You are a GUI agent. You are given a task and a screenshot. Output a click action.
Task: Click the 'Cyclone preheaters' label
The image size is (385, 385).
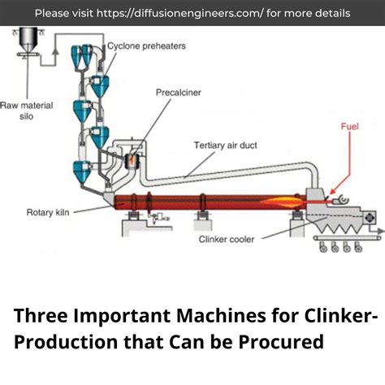[146, 46]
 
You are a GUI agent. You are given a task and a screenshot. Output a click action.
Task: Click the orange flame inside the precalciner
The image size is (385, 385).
[128, 162]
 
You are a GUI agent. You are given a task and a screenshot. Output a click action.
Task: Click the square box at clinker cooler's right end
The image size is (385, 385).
[370, 218]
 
